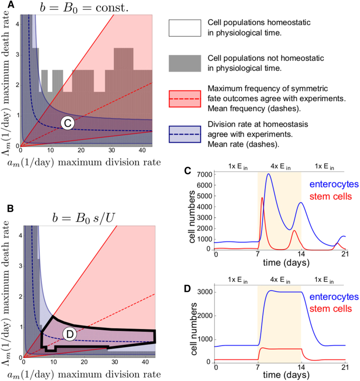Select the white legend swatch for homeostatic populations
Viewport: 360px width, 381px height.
184,28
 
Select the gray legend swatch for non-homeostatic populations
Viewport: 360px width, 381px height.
184,63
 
